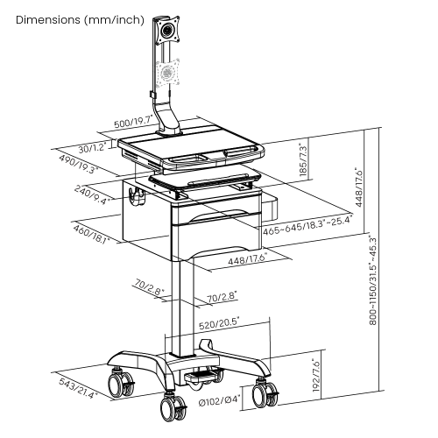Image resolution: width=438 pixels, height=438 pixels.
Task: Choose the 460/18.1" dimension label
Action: coord(88,235)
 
